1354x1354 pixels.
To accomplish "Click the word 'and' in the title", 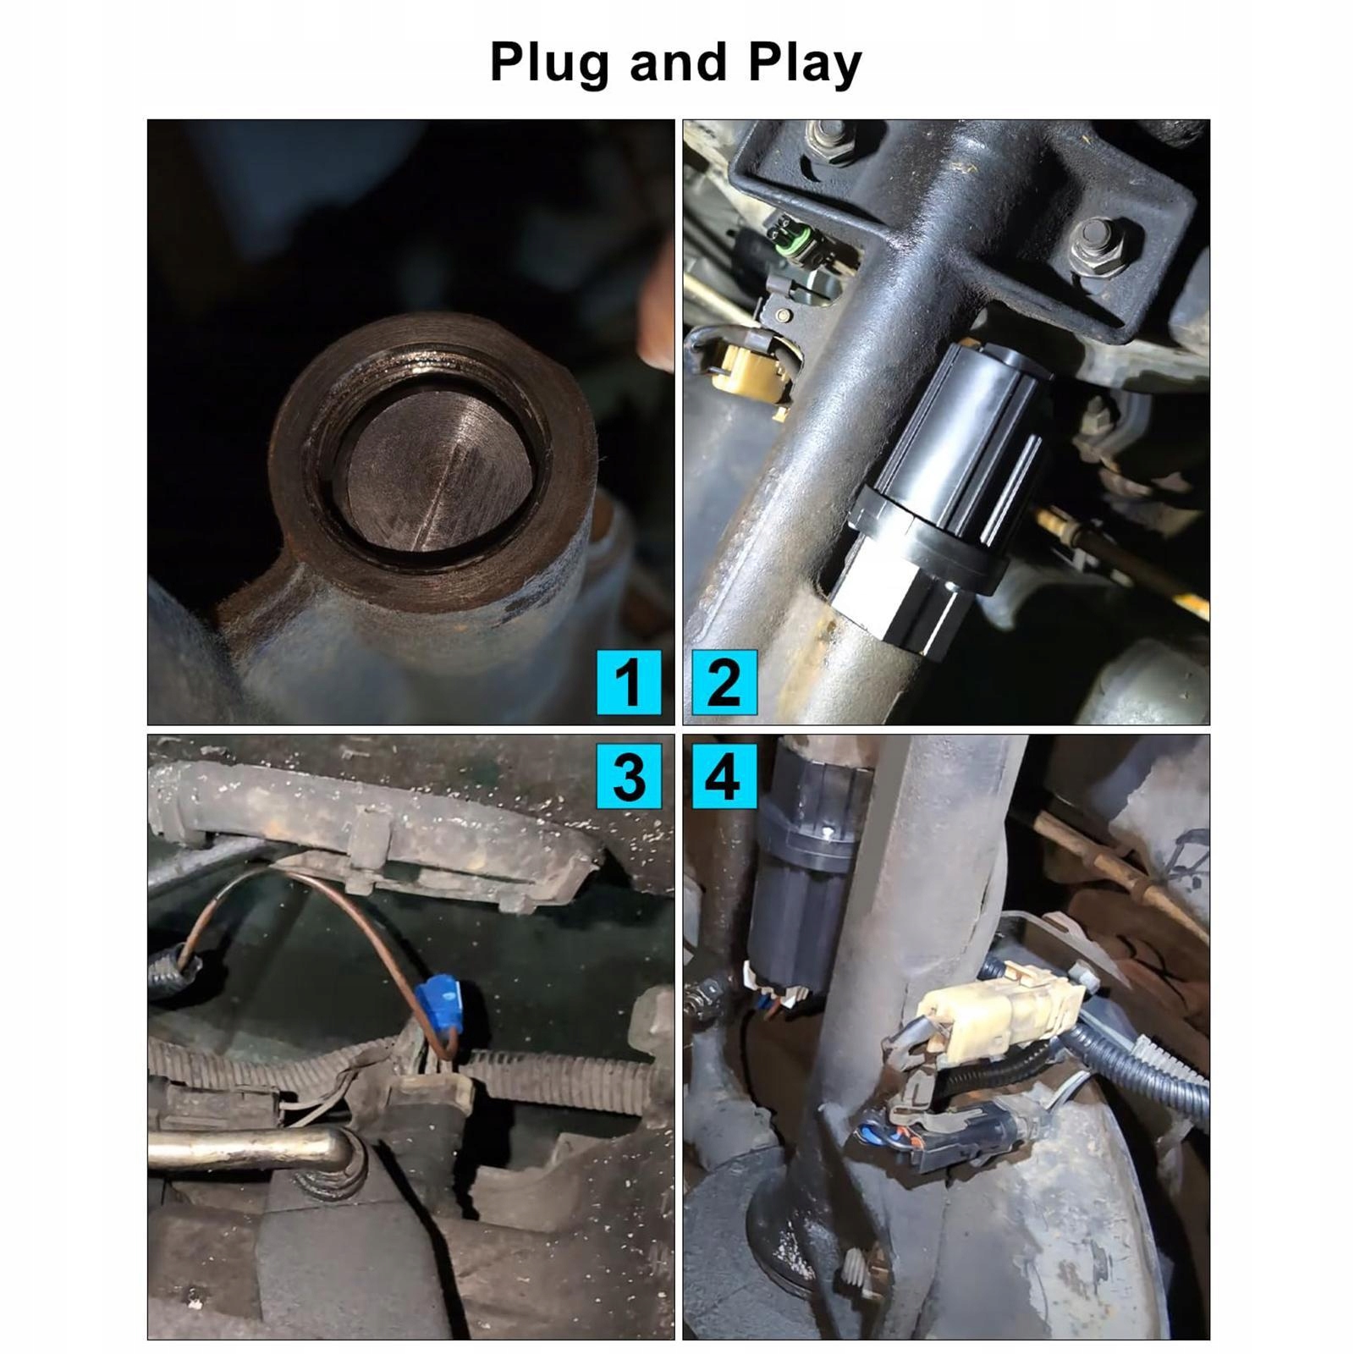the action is (679, 62).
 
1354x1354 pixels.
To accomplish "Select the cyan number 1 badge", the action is (629, 682).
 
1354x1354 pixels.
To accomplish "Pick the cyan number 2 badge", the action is (724, 682).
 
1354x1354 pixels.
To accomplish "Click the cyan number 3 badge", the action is (629, 776).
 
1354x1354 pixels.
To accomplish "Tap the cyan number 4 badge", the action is (724, 776).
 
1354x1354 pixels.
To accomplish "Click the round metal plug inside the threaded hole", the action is (433, 471).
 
